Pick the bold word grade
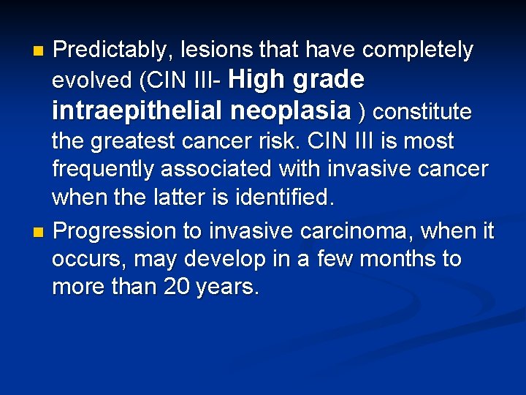pyautogui.click(x=327, y=79)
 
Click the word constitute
pyautogui.click(x=422, y=112)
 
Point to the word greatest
pyautogui.click(x=148, y=141)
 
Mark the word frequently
pyautogui.click(x=103, y=170)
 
